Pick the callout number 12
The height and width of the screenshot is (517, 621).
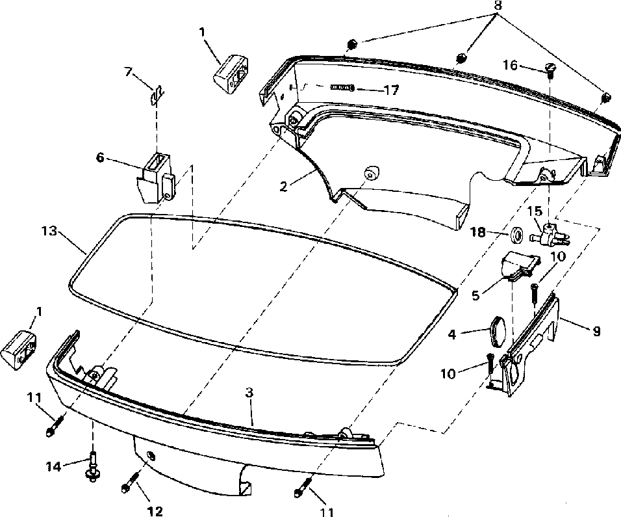[155, 511]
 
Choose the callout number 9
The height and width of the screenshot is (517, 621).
[596, 331]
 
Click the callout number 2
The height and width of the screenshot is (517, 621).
[284, 185]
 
